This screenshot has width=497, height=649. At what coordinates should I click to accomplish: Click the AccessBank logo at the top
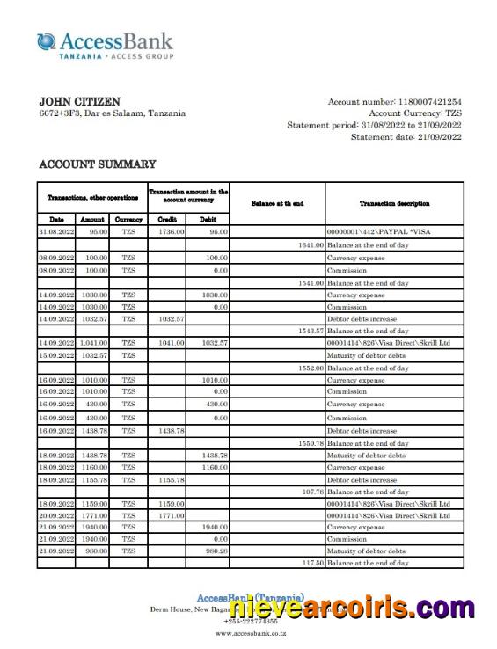(105, 45)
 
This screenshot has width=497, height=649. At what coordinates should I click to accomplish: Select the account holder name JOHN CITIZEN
(80, 101)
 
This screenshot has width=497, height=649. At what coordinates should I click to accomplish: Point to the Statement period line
(374, 125)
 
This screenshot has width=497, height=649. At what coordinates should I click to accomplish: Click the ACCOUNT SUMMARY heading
(98, 164)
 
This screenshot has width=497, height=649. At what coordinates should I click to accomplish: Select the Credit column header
(167, 219)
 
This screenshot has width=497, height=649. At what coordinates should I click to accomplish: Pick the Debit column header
(208, 219)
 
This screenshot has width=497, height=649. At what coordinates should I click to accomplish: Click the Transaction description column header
(394, 203)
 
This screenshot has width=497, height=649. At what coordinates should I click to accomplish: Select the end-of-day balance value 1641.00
(311, 245)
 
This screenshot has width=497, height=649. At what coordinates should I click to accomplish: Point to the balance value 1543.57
(311, 331)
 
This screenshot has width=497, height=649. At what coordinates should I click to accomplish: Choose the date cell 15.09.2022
(56, 355)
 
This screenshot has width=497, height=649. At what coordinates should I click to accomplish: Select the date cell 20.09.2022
(56, 515)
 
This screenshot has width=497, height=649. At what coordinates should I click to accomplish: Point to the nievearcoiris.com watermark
(352, 608)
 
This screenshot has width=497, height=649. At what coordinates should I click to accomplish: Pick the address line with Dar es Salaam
(112, 113)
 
